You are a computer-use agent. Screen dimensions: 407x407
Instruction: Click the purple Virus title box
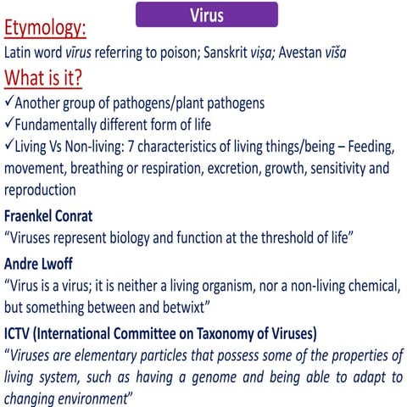tap(207, 15)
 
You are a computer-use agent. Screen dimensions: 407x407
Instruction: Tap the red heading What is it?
tap(44, 78)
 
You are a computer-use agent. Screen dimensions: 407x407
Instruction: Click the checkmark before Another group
tap(9, 103)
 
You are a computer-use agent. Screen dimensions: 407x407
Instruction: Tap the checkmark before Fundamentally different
tap(9, 125)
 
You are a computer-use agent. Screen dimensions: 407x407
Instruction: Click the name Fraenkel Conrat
tap(52, 214)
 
